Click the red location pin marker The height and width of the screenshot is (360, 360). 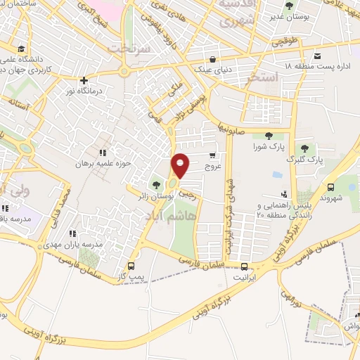[x=181, y=166]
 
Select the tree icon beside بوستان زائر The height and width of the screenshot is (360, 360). [x=155, y=185]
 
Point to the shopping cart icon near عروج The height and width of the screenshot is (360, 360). [x=212, y=156]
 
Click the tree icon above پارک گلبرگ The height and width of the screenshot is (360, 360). [x=305, y=148]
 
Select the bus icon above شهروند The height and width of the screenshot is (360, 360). [x=330, y=187]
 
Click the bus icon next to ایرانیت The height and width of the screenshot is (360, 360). [x=244, y=266]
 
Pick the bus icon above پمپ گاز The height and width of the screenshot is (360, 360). [x=131, y=266]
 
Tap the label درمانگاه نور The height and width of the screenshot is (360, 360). [x=84, y=92]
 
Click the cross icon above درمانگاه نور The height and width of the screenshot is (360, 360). [x=84, y=80]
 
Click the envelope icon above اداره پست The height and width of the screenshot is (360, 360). [x=318, y=56]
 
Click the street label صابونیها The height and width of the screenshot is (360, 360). [x=233, y=131]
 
